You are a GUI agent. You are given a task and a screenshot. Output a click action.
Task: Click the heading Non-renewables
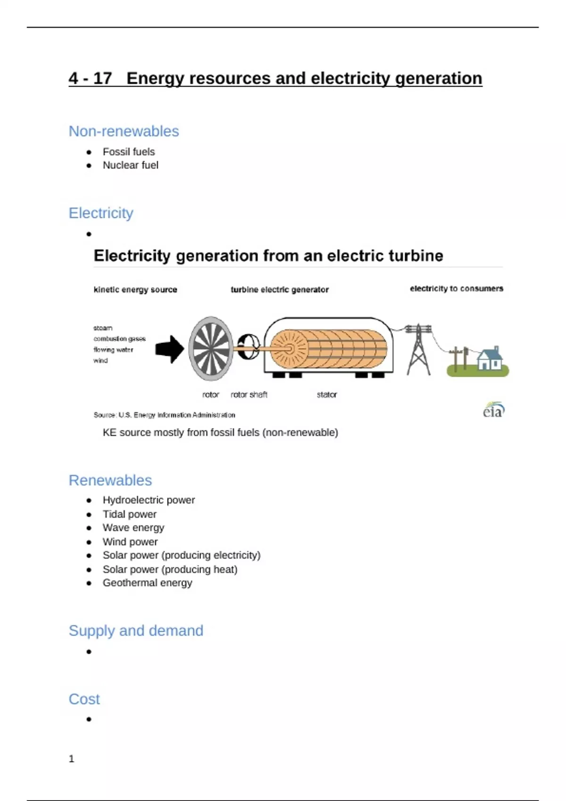click(x=124, y=131)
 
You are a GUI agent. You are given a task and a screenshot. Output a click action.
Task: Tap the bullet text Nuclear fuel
click(x=130, y=165)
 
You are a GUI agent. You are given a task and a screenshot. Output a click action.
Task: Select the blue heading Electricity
click(x=101, y=213)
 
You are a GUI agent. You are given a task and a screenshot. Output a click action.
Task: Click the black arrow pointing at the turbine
click(x=169, y=349)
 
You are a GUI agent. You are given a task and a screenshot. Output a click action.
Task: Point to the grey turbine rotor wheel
click(x=211, y=348)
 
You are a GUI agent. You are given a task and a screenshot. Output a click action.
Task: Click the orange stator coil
click(x=330, y=349)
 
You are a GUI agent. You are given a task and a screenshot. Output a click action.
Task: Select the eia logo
click(x=493, y=410)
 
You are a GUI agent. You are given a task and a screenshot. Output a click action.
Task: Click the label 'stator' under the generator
click(x=326, y=394)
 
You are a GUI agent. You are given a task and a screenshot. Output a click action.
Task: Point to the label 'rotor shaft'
click(x=249, y=394)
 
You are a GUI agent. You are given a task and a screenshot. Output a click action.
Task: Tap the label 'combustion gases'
click(x=119, y=339)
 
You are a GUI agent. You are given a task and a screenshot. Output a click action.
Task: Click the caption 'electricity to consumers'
click(x=456, y=288)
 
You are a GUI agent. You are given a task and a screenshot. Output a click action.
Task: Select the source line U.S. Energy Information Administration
click(x=164, y=415)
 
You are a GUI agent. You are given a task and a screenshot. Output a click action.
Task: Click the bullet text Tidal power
click(x=129, y=514)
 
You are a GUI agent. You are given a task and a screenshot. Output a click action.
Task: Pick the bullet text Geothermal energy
click(x=147, y=583)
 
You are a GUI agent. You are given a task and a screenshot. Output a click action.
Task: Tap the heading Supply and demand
click(x=136, y=630)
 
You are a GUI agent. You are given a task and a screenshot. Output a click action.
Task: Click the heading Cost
click(x=84, y=699)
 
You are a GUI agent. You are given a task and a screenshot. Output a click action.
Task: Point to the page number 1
click(x=72, y=759)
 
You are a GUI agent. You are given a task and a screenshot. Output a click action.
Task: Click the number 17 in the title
click(x=102, y=78)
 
